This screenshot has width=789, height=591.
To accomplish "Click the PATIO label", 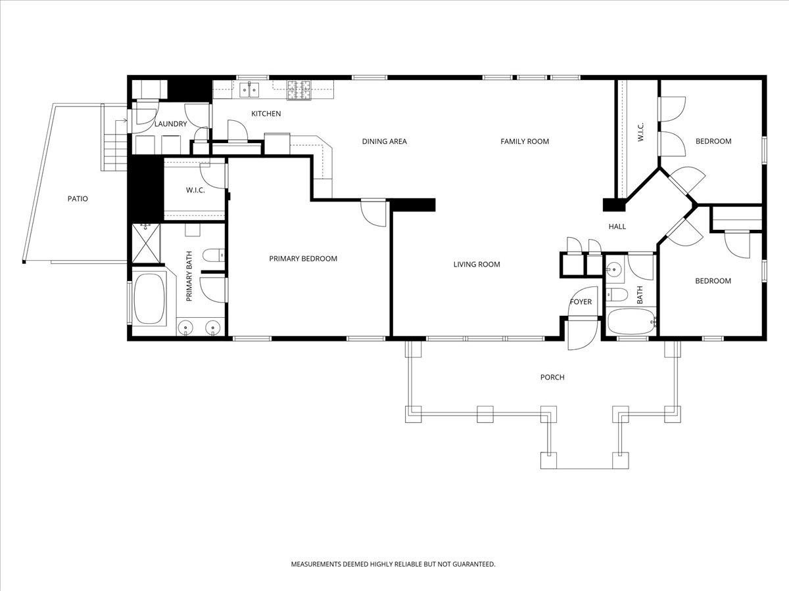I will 77,198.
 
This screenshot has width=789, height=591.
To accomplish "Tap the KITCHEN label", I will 266,114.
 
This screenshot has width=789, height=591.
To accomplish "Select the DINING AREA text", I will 385,141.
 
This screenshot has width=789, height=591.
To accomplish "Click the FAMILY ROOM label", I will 525,141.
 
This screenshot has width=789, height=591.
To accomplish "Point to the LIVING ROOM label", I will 477,265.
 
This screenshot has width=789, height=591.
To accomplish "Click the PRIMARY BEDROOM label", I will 303,259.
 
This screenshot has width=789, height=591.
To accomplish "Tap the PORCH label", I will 552,378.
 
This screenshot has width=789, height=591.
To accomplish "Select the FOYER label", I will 581,302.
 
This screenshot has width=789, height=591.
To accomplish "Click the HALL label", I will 617,227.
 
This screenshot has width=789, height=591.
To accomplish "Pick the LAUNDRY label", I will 171,124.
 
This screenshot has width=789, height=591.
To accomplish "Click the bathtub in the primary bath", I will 151,300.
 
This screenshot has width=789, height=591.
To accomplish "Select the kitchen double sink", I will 249,89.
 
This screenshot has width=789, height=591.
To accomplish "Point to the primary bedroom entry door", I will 375,212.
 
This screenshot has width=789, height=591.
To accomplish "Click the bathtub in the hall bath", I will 631,322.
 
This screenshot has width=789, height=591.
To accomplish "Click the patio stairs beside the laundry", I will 113,144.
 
